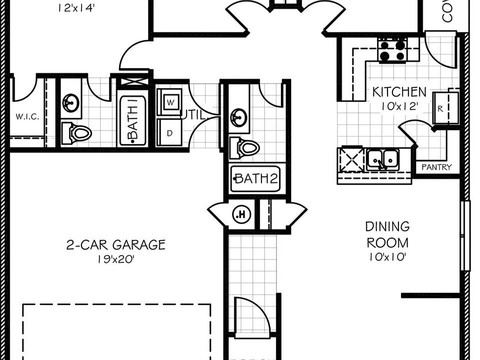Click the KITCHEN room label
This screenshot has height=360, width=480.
tap(399, 92)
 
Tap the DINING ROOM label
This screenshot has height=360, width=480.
tap(387, 234)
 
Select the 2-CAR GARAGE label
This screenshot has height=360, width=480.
tap(115, 245)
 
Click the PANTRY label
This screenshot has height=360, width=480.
tap(436, 167)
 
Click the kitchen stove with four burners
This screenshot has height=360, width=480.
tap(392, 50)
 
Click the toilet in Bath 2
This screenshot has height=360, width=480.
tap(244, 148)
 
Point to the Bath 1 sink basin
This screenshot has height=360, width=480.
tap(70, 103)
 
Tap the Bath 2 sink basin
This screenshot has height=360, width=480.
tap(238, 118)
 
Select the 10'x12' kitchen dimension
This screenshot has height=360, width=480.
tap(399, 106)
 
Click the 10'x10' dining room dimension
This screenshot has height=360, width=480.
tap(387, 257)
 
